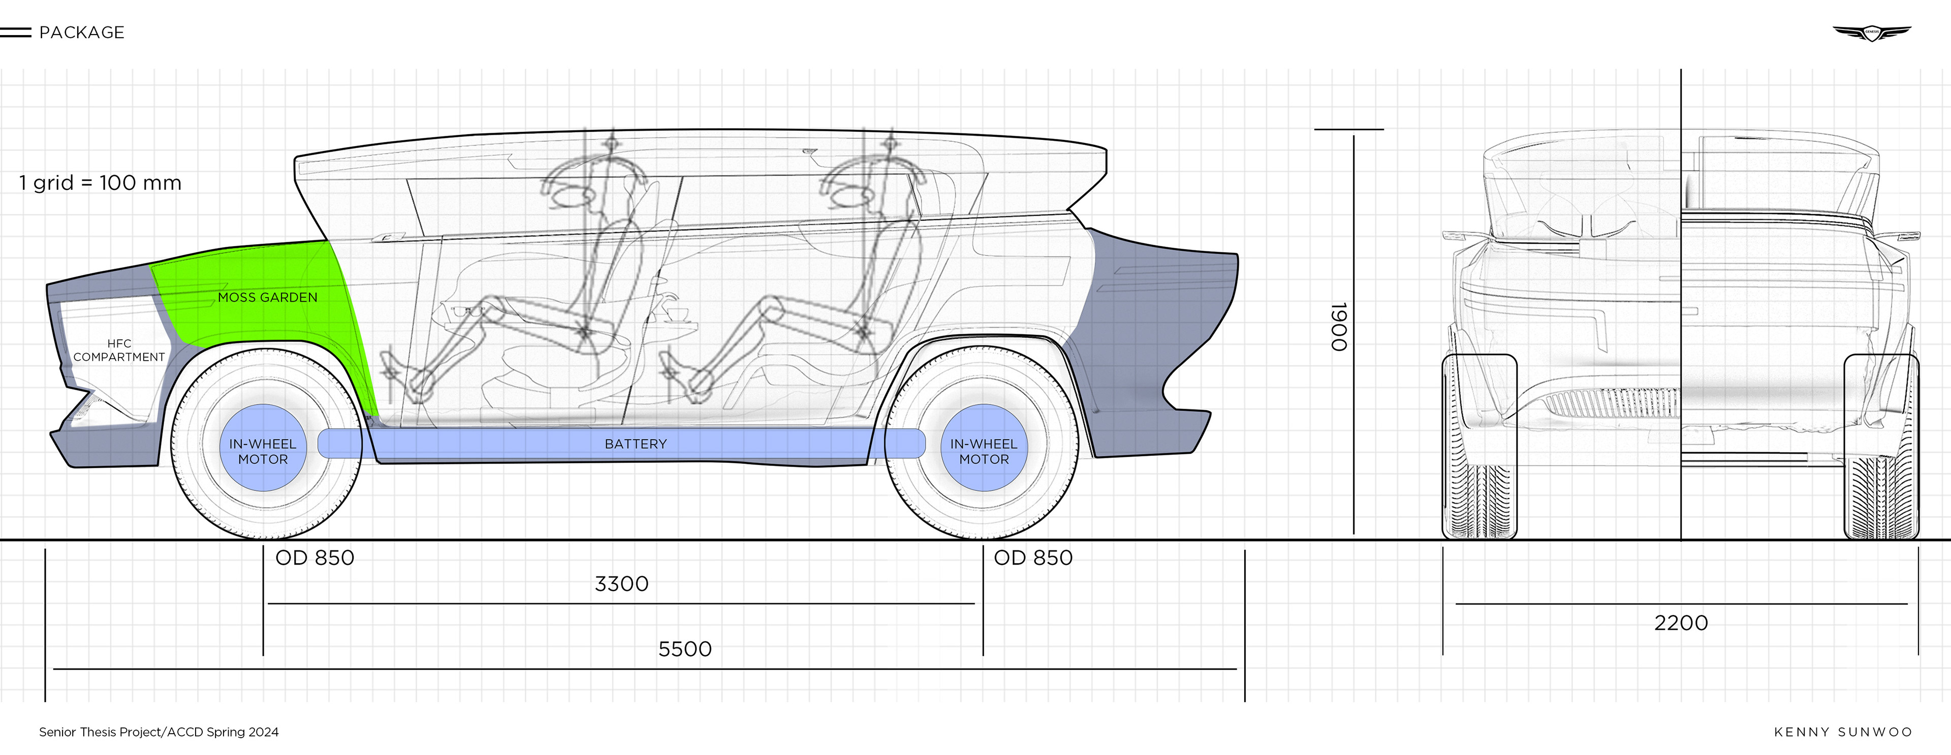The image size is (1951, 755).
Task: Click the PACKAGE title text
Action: click(81, 33)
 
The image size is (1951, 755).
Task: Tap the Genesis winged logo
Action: click(1871, 33)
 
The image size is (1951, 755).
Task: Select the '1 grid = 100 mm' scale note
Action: click(100, 183)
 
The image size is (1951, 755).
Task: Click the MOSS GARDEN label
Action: click(267, 297)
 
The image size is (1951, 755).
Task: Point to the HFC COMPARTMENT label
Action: click(119, 350)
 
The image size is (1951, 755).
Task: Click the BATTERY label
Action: click(636, 444)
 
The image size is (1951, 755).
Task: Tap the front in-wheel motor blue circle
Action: click(263, 448)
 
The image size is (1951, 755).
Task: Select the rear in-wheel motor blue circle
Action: click(984, 448)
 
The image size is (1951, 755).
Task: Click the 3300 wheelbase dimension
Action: click(621, 584)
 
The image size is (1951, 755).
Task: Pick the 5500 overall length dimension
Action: click(685, 649)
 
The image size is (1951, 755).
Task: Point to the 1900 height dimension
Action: click(1339, 327)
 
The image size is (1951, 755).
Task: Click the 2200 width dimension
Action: click(1681, 623)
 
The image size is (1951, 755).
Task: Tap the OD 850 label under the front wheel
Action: click(314, 558)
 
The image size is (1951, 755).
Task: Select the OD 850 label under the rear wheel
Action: click(1033, 558)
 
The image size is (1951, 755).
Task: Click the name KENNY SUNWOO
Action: click(1843, 732)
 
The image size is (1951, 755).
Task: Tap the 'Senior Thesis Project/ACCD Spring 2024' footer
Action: click(159, 732)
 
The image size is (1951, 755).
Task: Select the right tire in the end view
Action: click(1881, 447)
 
